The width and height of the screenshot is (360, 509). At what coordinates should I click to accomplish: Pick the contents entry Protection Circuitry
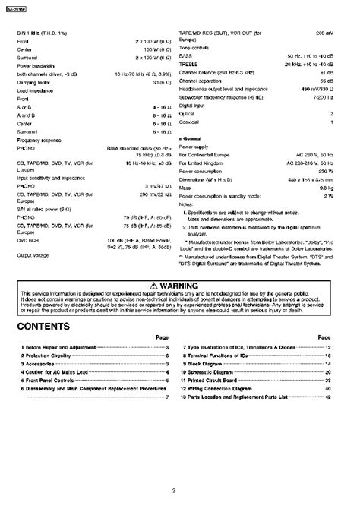point(46,354)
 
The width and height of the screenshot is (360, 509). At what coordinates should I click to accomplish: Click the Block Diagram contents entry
point(210,364)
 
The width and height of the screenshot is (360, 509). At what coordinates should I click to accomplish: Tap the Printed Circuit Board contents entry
point(218,381)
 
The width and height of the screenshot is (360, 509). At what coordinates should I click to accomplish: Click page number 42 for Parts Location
point(328,397)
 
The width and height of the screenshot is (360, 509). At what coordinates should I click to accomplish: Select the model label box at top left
point(26,7)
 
